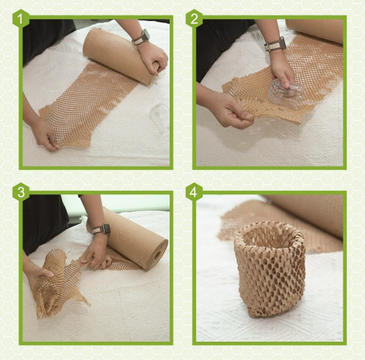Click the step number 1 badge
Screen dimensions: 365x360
pyautogui.click(x=21, y=19)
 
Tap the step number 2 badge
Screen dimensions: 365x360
pyautogui.click(x=194, y=19)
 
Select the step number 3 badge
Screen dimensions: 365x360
pyautogui.click(x=21, y=192)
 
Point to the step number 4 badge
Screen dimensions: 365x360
pyautogui.click(x=194, y=192)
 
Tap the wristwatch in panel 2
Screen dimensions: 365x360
pyautogui.click(x=275, y=44)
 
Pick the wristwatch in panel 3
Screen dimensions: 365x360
pyautogui.click(x=101, y=229)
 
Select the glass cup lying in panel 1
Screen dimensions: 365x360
pyautogui.click(x=160, y=117)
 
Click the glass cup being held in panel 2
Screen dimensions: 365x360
pyautogui.click(x=286, y=94)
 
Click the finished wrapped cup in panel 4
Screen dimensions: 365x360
pyautogui.click(x=270, y=269)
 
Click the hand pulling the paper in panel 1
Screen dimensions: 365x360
pyautogui.click(x=46, y=135)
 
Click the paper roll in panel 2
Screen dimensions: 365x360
pyautogui.click(x=316, y=30)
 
